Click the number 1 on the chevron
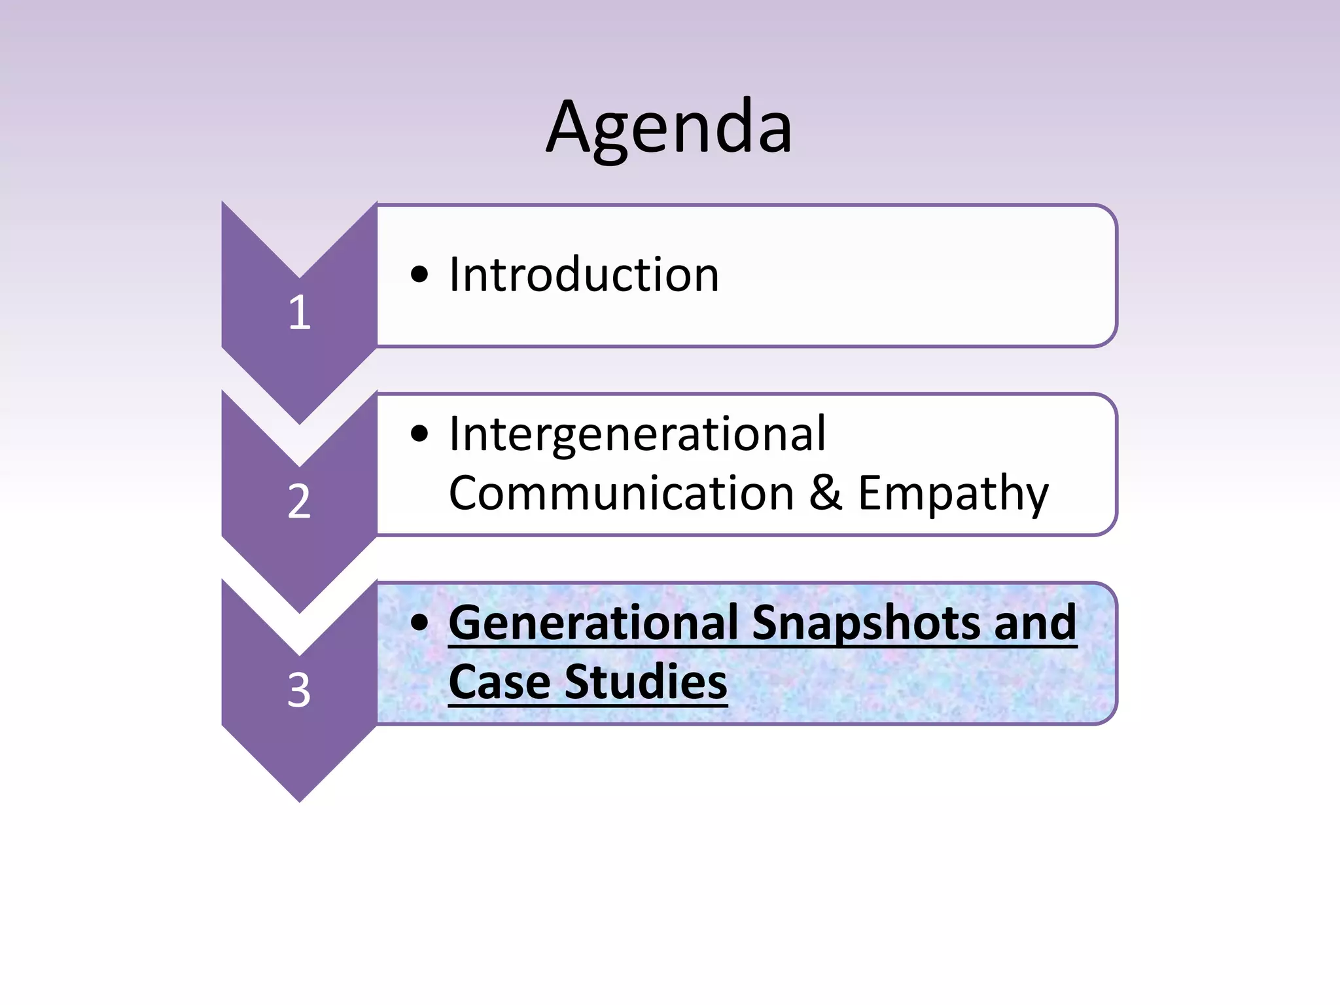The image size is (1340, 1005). pos(299,312)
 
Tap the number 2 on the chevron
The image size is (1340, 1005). pos(299,501)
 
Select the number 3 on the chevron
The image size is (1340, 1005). pos(299,690)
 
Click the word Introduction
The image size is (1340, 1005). pos(584,274)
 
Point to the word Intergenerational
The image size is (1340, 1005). pos(637,434)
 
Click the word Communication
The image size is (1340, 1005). pos(621,493)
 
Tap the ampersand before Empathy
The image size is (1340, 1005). pos(825,492)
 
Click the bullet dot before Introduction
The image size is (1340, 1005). pos(419,275)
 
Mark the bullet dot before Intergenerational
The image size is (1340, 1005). pos(419,434)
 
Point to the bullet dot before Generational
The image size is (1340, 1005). pos(419,622)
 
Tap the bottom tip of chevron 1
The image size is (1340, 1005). pos(300,421)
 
